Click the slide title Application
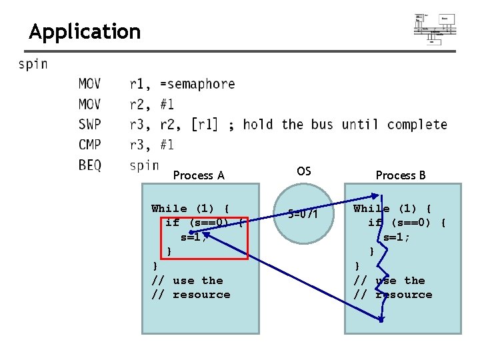[85, 31]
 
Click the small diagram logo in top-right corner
[435, 29]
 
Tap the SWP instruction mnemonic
[90, 125]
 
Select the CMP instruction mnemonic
[90, 145]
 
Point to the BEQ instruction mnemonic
[90, 165]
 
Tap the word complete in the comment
[417, 125]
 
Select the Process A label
[199, 175]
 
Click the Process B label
[401, 175]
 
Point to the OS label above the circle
[303, 171]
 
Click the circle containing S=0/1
[303, 215]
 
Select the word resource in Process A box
[201, 295]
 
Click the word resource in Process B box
[403, 295]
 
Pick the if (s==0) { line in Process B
[407, 223]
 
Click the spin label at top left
[33, 65]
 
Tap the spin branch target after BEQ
[144, 165]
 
